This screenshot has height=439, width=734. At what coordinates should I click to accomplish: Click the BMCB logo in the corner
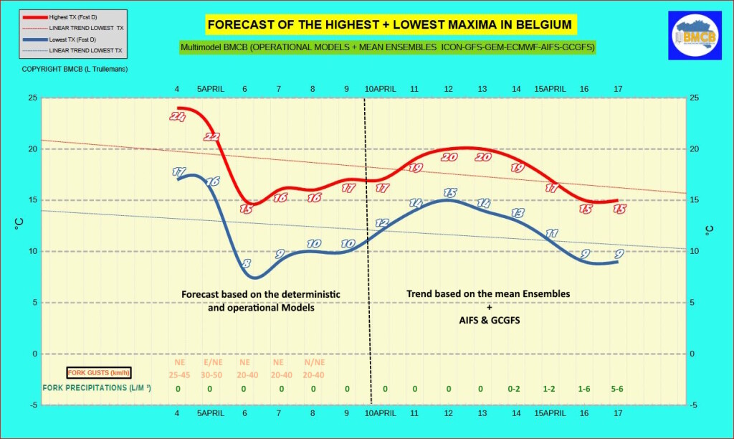click(x=690, y=35)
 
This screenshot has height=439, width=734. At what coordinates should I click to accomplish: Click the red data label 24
click(x=178, y=117)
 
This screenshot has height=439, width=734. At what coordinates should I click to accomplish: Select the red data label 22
click(x=211, y=136)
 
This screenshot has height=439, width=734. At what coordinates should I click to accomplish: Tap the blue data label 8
click(x=246, y=263)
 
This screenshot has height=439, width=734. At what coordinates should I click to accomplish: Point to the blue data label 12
click(x=381, y=223)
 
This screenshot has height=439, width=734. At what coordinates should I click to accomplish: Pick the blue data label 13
click(x=518, y=213)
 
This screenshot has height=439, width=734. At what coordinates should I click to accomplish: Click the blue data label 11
click(x=551, y=233)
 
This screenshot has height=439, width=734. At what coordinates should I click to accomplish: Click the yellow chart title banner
click(x=389, y=25)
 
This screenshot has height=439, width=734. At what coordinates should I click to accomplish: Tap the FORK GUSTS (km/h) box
click(x=99, y=372)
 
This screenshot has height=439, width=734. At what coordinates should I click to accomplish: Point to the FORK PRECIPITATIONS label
click(x=97, y=388)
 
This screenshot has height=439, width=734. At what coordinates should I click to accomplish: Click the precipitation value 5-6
click(x=618, y=389)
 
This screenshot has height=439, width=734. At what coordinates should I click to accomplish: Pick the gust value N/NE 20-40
click(x=313, y=369)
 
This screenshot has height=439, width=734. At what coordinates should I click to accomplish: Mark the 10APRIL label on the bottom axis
click(x=380, y=413)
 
